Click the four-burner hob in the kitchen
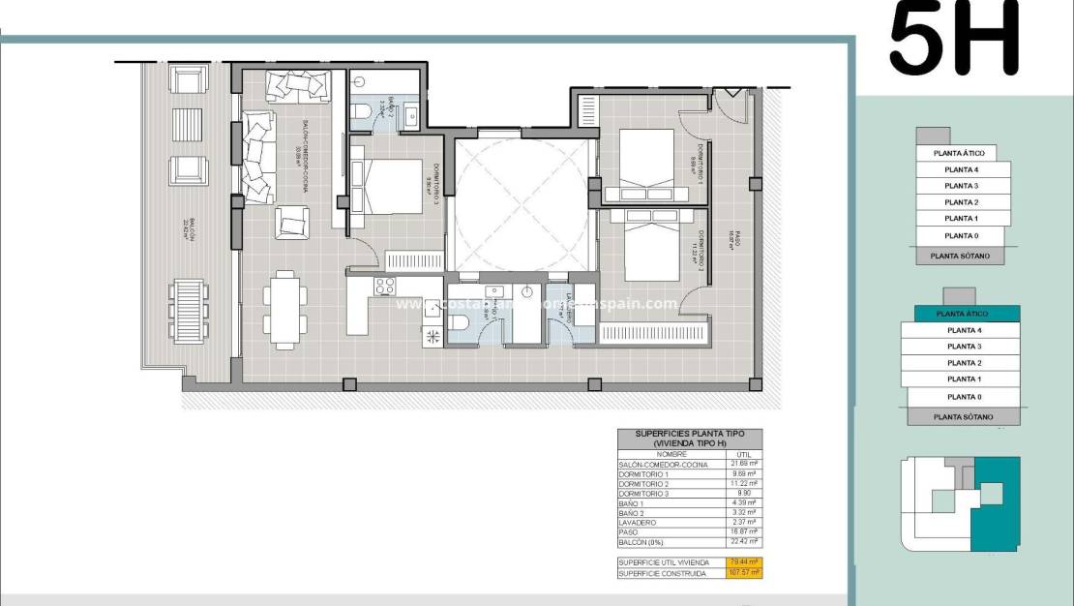click(384, 286)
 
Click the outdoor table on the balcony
click(189, 310)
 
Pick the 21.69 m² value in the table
click(745, 465)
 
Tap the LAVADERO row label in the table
click(642, 521)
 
